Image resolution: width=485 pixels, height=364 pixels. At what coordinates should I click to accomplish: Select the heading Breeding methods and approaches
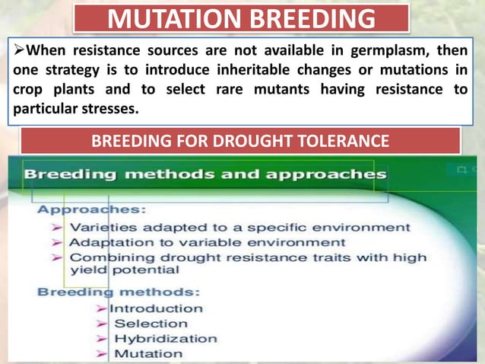(x=204, y=174)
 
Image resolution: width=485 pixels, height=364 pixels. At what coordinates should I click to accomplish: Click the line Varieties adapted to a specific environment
(x=240, y=227)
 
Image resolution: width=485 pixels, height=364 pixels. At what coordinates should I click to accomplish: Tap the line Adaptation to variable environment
(x=207, y=242)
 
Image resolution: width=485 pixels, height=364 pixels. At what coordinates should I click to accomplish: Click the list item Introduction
(x=157, y=308)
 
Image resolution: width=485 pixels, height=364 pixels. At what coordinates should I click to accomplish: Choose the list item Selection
(x=151, y=324)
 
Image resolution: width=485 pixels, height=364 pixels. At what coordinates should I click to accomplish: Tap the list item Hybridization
(x=165, y=339)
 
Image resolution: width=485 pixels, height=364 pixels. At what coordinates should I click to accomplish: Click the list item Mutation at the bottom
(x=148, y=353)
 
